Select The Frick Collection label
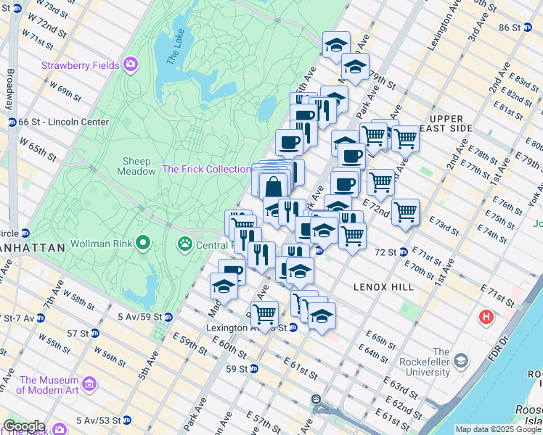point(206,169)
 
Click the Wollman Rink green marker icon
point(144,241)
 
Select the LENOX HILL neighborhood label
point(383,287)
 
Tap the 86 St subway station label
point(510,28)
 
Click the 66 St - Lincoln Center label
point(64,123)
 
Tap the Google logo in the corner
point(24,426)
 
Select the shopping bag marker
point(274,186)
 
